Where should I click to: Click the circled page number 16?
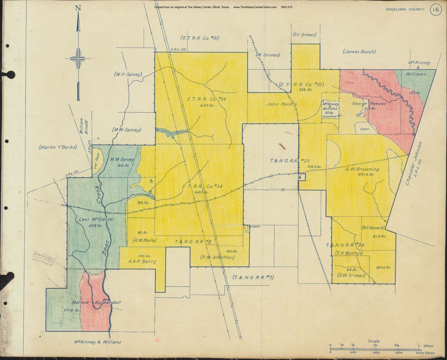click(x=435, y=10)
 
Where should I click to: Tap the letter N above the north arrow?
click(x=78, y=8)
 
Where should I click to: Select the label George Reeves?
click(x=369, y=104)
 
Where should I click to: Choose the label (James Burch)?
click(x=359, y=52)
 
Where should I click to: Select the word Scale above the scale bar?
click(x=373, y=341)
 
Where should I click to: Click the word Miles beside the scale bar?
click(x=428, y=346)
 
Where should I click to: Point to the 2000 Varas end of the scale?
click(x=424, y=352)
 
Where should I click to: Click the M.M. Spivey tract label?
click(x=122, y=159)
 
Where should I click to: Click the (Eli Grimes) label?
click(x=304, y=34)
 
